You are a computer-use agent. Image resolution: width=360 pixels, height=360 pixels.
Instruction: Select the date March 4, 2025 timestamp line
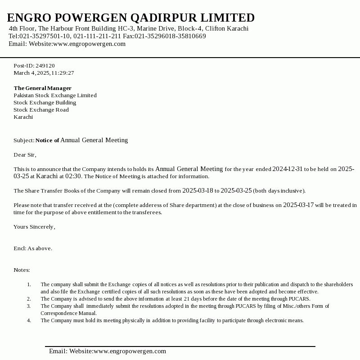44,73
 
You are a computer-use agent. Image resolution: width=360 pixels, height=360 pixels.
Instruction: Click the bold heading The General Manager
42,88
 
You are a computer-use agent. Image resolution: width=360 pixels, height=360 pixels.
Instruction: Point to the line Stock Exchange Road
41,110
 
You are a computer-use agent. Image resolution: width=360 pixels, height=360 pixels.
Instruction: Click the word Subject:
24,140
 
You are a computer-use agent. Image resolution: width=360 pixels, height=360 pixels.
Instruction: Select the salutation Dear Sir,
25,155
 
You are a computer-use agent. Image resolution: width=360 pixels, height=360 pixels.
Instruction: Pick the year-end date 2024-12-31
288,169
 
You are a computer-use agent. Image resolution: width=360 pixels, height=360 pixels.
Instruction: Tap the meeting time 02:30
74,176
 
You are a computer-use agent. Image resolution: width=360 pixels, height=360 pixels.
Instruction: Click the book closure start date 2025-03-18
198,191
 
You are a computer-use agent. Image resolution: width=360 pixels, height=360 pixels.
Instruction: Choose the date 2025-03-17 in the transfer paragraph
298,205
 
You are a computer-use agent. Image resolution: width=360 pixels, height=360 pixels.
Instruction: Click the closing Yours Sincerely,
34,227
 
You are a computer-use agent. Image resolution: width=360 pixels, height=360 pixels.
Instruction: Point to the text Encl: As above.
33,248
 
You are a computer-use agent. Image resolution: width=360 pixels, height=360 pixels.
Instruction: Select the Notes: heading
22,270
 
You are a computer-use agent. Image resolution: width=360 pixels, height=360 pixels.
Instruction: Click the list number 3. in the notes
29,306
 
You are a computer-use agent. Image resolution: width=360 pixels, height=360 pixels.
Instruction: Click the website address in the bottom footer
130,351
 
